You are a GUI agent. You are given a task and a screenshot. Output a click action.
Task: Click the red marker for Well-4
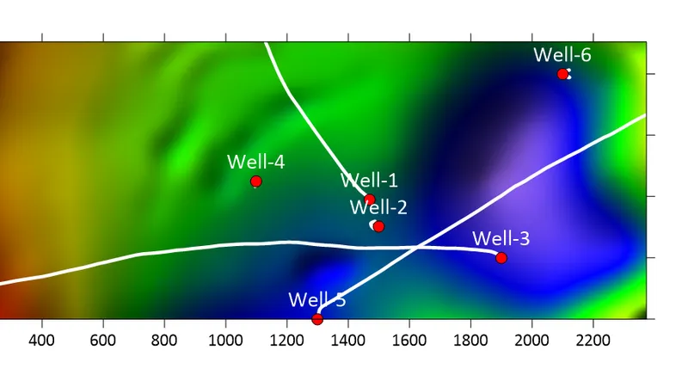pyautogui.click(x=255, y=181)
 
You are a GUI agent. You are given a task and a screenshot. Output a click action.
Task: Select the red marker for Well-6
pyautogui.click(x=562, y=74)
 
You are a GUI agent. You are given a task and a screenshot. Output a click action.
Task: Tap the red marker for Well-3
pyautogui.click(x=501, y=258)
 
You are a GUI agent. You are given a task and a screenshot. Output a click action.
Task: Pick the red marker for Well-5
pyautogui.click(x=317, y=319)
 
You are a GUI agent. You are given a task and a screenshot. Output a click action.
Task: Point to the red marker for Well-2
pyautogui.click(x=378, y=226)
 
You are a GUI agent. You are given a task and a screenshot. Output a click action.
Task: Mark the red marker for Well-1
pyautogui.click(x=370, y=200)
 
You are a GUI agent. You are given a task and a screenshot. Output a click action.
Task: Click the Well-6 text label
pyautogui.click(x=562, y=55)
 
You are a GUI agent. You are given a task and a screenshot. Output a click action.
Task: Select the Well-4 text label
pyautogui.click(x=255, y=162)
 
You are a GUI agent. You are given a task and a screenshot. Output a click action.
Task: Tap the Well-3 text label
pyautogui.click(x=501, y=238)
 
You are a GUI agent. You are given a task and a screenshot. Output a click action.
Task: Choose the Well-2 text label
pyautogui.click(x=378, y=207)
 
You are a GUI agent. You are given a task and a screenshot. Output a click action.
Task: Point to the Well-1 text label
pyautogui.click(x=369, y=181)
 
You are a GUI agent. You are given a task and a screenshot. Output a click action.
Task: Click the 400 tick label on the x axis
pyautogui.click(x=41, y=340)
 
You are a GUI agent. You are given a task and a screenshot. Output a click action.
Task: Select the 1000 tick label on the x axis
pyautogui.click(x=225, y=340)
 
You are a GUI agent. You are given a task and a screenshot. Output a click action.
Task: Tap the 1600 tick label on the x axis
pyautogui.click(x=409, y=340)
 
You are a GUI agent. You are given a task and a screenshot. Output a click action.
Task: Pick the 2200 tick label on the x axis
pyautogui.click(x=593, y=340)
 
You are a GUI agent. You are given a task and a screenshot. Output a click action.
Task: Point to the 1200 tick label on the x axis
pyautogui.click(x=286, y=340)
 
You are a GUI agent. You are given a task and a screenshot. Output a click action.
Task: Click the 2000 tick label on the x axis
pyautogui.click(x=531, y=340)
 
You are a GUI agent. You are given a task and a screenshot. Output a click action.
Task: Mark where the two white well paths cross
pyautogui.click(x=416, y=248)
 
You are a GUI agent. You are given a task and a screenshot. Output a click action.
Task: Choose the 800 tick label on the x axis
pyautogui.click(x=164, y=340)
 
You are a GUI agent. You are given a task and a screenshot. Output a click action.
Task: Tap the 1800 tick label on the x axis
pyautogui.click(x=470, y=340)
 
